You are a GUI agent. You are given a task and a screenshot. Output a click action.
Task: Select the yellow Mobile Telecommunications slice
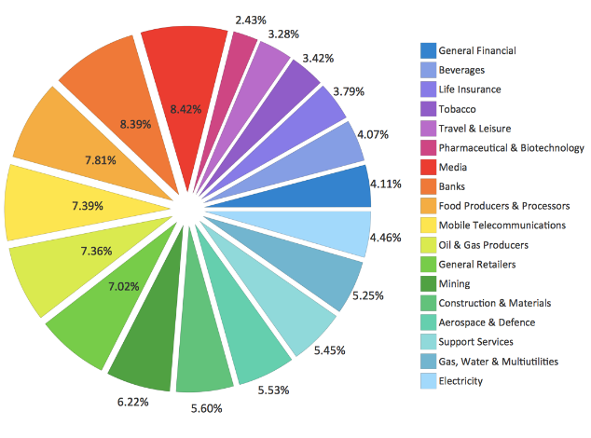coord(56,202)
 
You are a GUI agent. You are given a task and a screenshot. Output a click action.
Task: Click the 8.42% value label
coord(186,110)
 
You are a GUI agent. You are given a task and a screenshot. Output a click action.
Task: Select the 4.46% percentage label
coord(385,237)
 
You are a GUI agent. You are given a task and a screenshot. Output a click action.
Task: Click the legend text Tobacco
coord(459,109)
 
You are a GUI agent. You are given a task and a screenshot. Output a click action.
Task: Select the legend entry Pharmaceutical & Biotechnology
coord(511,148)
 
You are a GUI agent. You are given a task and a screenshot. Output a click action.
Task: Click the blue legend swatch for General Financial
coord(428,50)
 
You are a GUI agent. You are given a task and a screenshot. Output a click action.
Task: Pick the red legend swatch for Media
coord(428,167)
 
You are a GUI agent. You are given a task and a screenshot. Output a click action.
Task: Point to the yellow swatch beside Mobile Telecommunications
coord(428,226)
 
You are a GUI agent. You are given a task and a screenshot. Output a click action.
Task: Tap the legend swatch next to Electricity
coord(428,380)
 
